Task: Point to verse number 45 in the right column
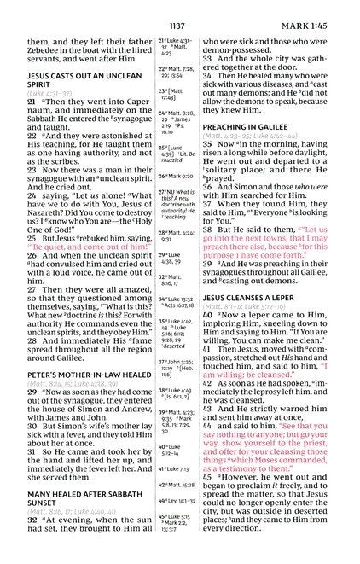[x=208, y=477]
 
